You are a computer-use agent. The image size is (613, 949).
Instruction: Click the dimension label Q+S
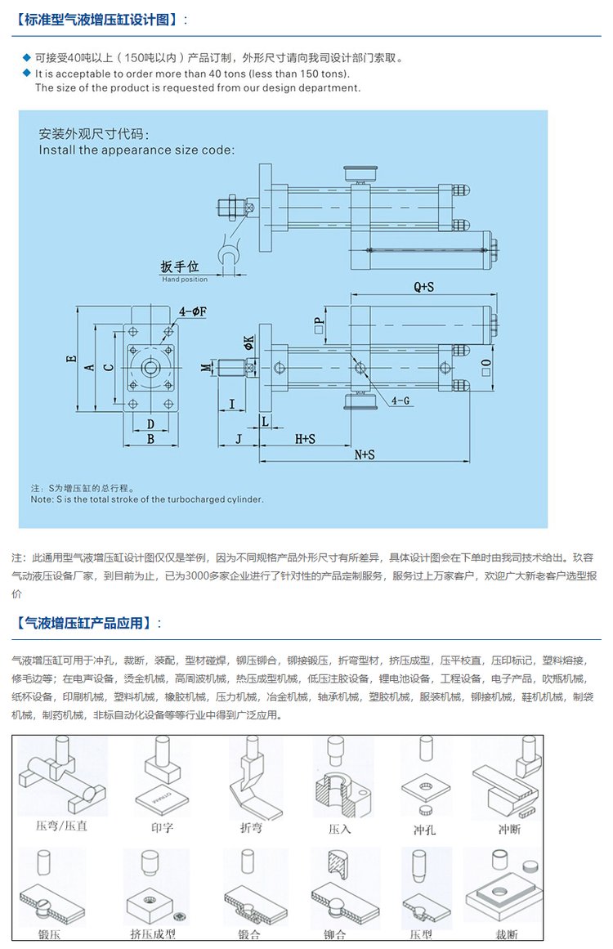tap(423, 287)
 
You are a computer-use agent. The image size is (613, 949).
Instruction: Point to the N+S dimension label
tap(365, 454)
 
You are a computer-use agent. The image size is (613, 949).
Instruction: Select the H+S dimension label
tap(305, 439)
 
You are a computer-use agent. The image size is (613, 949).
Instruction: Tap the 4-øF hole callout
tap(193, 311)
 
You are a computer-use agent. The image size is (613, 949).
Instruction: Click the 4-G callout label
tap(400, 401)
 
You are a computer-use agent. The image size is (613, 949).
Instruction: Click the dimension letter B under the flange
tap(150, 439)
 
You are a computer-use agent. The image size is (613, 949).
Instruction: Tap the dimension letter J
tap(238, 439)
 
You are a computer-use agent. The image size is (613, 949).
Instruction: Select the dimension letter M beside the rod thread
tap(206, 368)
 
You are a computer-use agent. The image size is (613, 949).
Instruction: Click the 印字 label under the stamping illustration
tap(162, 827)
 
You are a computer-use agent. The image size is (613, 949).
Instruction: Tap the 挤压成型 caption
tap(153, 933)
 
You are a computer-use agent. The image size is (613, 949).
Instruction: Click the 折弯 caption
tap(251, 827)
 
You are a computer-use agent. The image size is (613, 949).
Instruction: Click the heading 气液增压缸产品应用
tap(84, 623)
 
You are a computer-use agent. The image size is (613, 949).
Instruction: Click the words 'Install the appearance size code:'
tap(136, 150)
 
